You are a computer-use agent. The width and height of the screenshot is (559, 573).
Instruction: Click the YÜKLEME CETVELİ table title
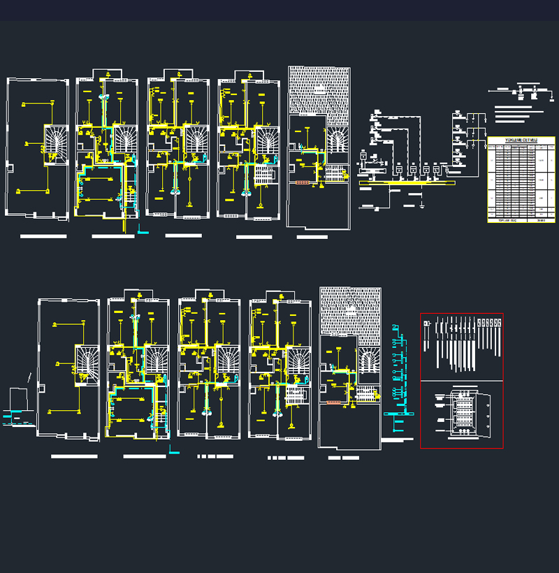click(x=521, y=140)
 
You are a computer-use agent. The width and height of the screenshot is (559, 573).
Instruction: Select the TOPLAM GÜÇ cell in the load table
click(x=503, y=220)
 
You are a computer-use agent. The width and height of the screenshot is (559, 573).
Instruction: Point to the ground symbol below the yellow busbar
click(x=423, y=206)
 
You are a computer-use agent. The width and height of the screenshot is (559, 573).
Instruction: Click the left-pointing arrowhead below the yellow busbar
click(x=360, y=206)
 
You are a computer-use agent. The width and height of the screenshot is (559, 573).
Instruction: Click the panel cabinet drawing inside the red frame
click(x=462, y=415)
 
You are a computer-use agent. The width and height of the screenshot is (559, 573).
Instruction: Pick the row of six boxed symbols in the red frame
click(x=488, y=324)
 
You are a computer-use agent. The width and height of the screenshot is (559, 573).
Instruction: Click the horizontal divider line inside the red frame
click(x=461, y=381)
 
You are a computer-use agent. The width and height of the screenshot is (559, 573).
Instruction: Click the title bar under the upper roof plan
click(x=312, y=237)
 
